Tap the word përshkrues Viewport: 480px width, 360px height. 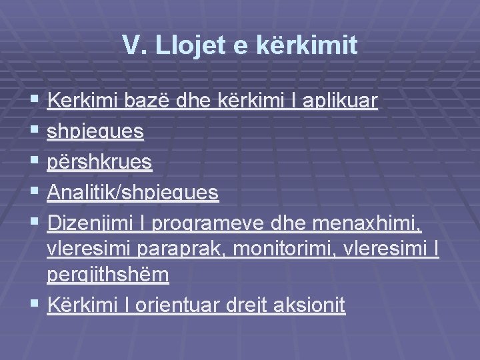100,162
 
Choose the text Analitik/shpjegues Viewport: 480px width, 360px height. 133,193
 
